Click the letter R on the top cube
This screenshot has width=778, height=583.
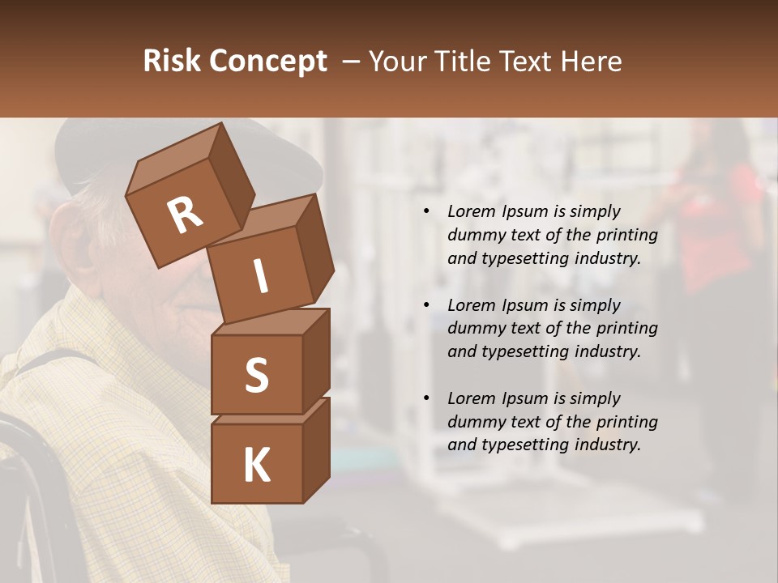[185, 215]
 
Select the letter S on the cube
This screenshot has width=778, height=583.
[256, 374]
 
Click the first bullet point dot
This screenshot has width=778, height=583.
[426, 212]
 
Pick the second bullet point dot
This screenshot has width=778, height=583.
[426, 306]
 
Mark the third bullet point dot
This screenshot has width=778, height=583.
[426, 399]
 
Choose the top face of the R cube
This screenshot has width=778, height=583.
[173, 159]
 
